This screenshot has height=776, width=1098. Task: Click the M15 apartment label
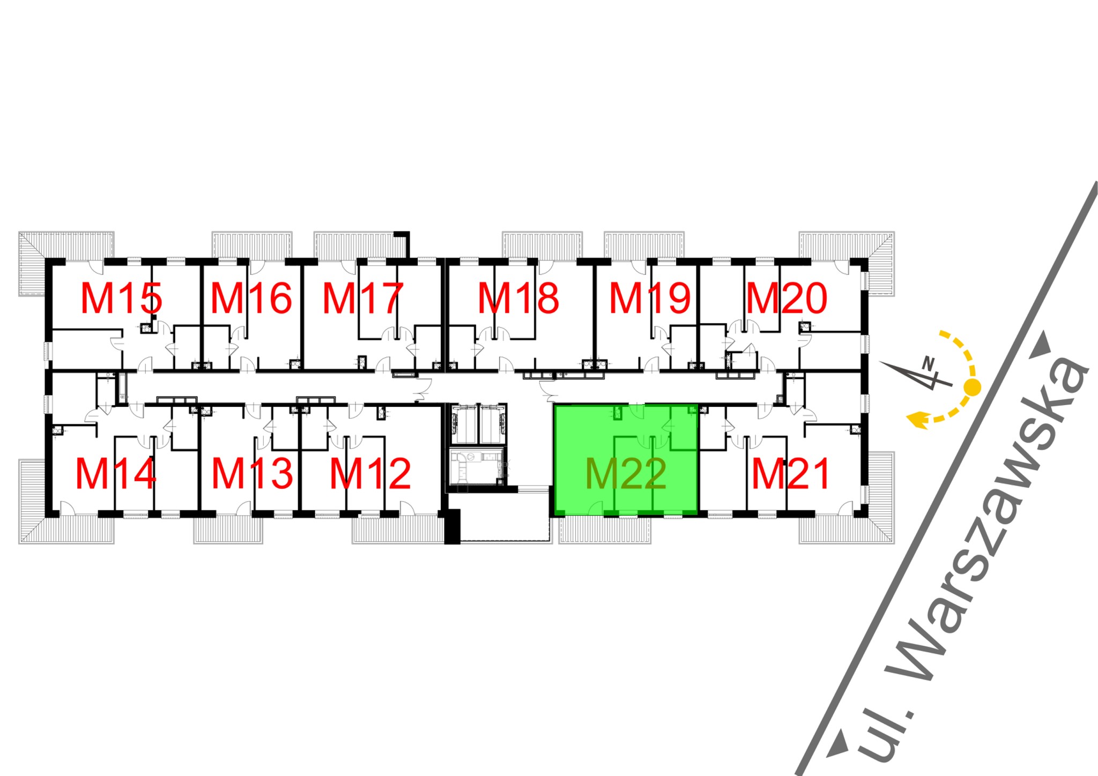pos(121,299)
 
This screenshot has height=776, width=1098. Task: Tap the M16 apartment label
pos(251,299)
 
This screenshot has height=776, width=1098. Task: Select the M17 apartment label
pos(362,299)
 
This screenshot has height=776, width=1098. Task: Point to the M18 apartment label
pos(518,299)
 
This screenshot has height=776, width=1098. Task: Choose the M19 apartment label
pos(649,299)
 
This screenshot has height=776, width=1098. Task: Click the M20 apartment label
pos(787,299)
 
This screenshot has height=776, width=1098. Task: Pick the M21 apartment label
pos(791,474)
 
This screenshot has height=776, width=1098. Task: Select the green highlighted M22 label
pos(626,474)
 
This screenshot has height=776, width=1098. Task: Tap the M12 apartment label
pos(370,474)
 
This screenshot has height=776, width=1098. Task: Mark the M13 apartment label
pos(252,474)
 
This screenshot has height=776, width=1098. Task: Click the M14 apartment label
pos(116,474)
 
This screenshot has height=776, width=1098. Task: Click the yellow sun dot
pos(972,387)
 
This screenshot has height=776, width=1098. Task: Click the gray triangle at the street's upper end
pos(1042,344)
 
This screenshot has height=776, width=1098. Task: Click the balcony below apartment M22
pos(604,530)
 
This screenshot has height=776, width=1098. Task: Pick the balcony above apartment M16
pos(252,245)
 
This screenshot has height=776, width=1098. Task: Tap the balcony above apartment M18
pos(542,245)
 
